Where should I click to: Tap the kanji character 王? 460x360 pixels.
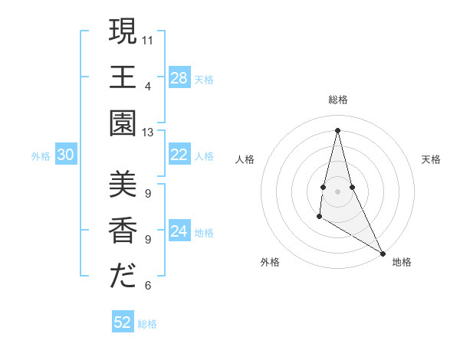pos(123,79)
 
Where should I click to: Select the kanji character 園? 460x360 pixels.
pos(123,126)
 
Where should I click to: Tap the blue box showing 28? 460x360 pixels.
pos(179,78)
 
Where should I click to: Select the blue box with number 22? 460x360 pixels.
pos(179,155)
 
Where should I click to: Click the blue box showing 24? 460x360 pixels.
pos(179,232)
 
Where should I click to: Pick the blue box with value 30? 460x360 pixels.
pos(66,155)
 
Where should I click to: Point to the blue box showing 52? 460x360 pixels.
pos(123,322)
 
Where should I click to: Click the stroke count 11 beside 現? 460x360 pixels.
pos(148,38)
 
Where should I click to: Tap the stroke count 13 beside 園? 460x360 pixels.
pos(148,132)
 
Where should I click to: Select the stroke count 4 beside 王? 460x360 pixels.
pos(148,85)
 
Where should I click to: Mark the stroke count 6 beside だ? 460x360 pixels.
pos(148,285)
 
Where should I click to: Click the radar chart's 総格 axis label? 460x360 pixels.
pos(337,100)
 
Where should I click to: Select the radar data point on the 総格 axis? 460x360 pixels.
pos(337,129)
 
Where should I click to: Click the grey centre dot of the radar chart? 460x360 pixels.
pos(337,190)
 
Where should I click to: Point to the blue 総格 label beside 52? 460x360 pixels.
pos(147,324)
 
